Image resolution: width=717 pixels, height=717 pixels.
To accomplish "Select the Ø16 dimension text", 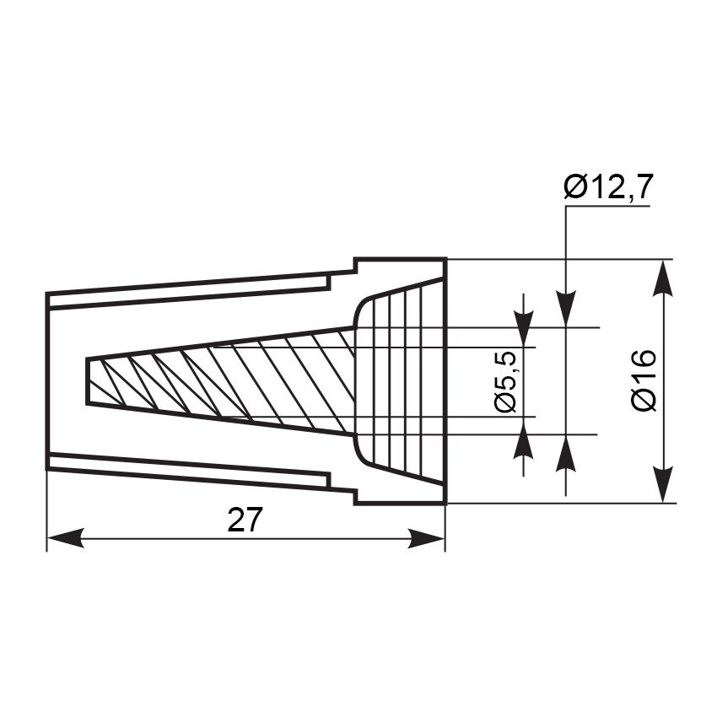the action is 644,381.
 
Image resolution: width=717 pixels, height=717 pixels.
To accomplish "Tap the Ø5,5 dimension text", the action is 506,382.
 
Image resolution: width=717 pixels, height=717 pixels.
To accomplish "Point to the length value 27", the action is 245,520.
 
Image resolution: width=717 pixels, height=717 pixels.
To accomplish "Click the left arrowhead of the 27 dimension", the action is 66,538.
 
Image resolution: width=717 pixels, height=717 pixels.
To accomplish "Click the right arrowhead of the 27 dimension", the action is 426,538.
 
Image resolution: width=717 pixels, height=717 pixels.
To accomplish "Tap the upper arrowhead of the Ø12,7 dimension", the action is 566,309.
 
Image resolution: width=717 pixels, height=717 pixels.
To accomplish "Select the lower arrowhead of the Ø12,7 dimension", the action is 566,453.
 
